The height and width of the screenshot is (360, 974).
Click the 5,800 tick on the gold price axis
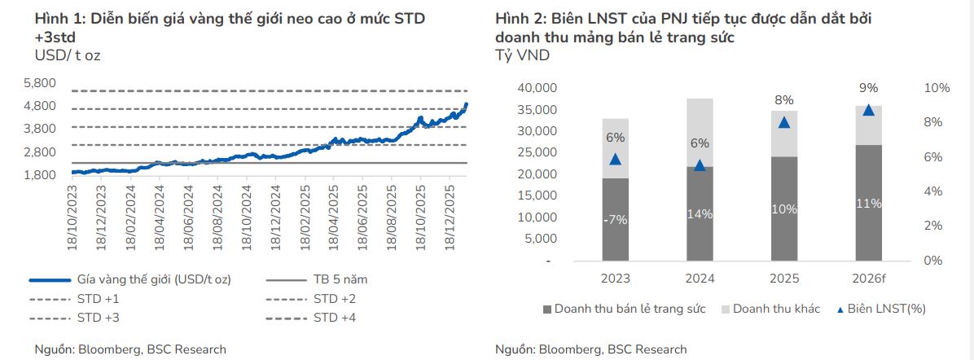point(40,83)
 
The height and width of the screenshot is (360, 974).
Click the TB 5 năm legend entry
point(340,279)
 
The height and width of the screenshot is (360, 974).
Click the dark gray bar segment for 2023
point(616,219)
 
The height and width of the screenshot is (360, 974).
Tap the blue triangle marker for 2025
point(784,123)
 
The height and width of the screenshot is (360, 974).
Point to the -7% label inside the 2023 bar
point(616,220)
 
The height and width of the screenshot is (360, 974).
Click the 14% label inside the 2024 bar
point(700,214)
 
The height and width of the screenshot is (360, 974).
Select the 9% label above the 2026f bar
point(869,88)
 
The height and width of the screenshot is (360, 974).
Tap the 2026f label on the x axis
point(869,279)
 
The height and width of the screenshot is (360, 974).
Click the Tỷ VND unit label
point(522,56)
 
